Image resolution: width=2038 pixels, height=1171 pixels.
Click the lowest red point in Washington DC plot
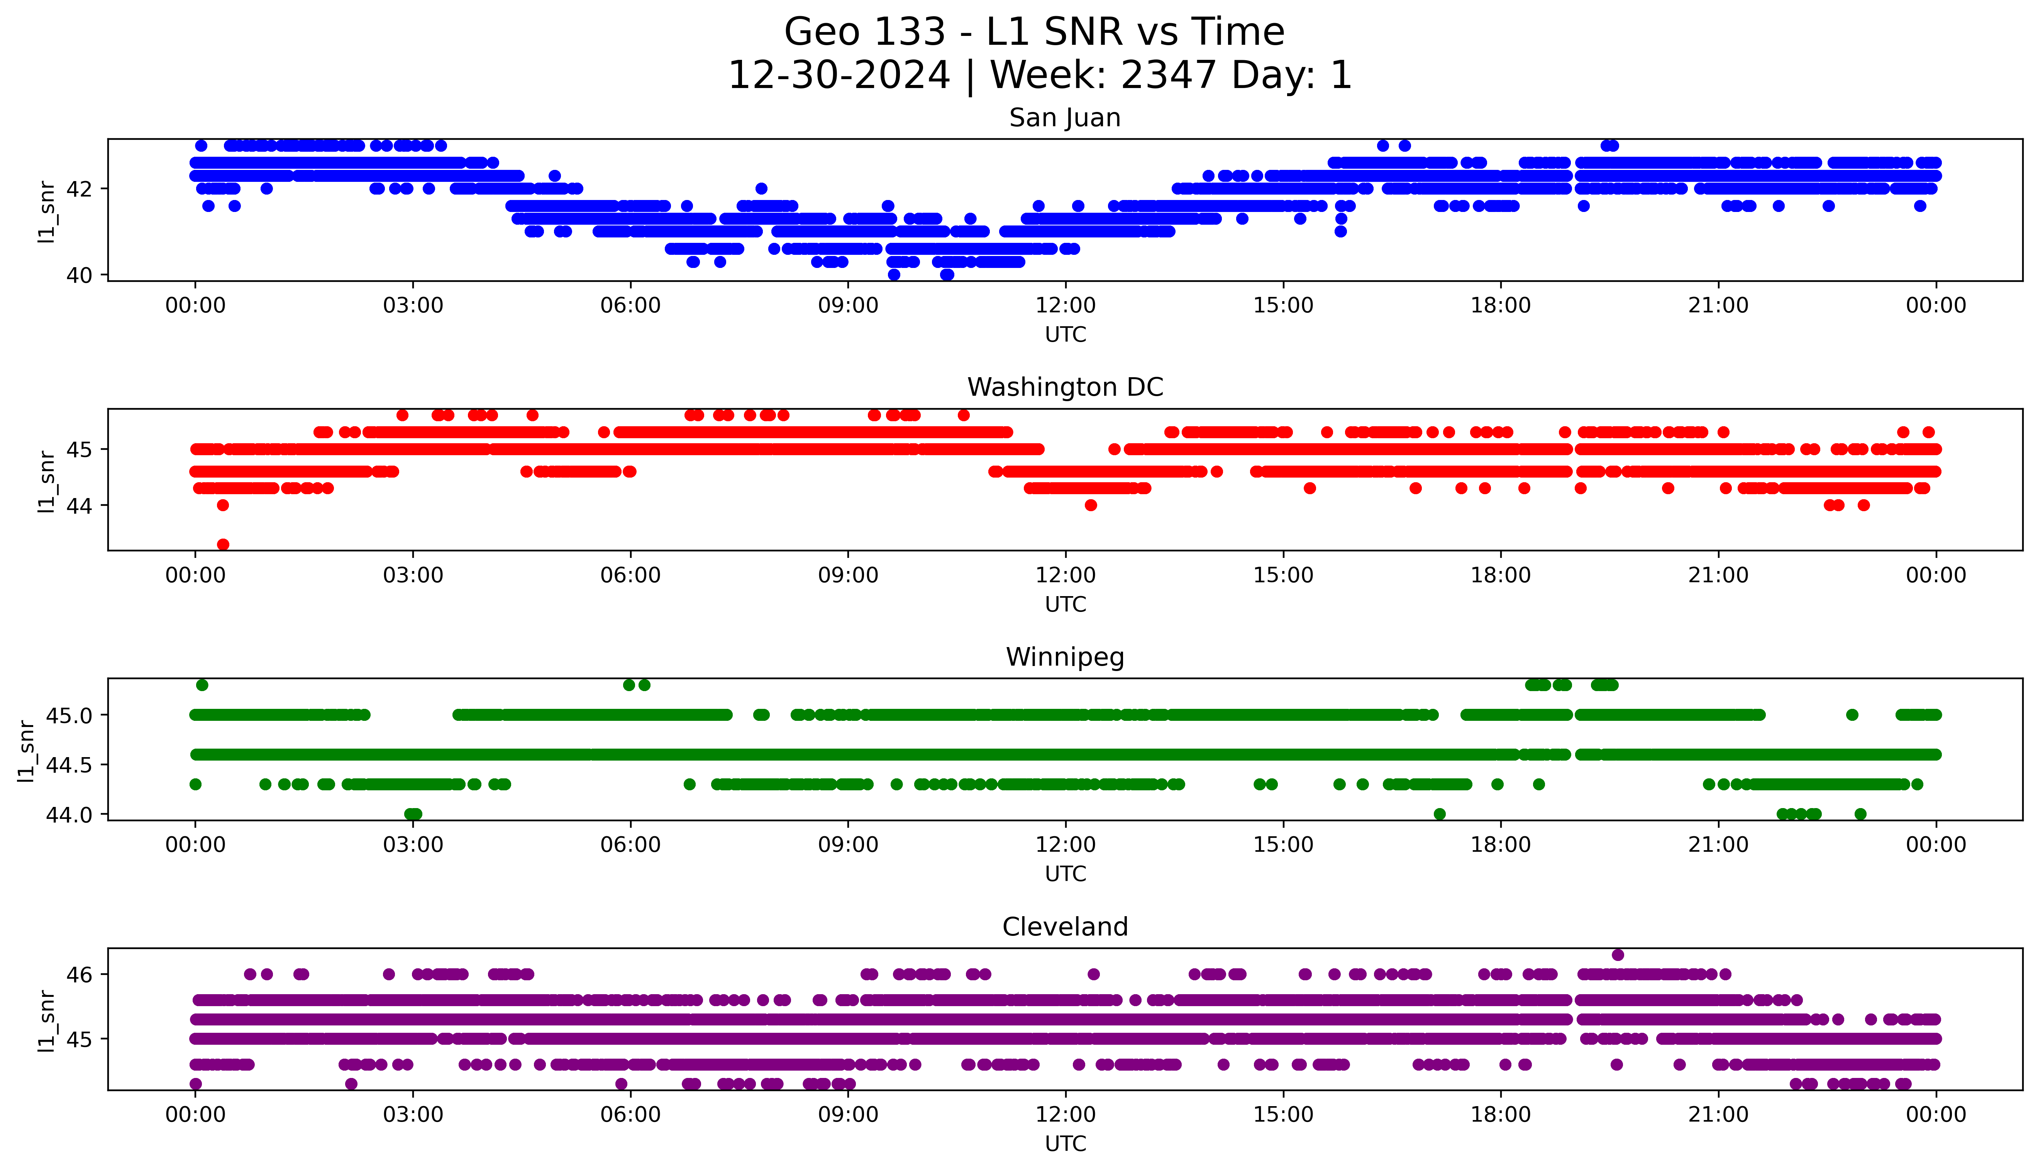(224, 544)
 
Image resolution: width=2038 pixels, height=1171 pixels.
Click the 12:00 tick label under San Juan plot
(1065, 306)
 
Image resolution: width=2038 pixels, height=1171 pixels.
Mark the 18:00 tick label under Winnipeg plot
(1500, 845)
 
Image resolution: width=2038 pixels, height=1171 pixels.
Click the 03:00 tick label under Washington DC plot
(413, 575)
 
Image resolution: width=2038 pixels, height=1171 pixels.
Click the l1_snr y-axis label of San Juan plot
(47, 211)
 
